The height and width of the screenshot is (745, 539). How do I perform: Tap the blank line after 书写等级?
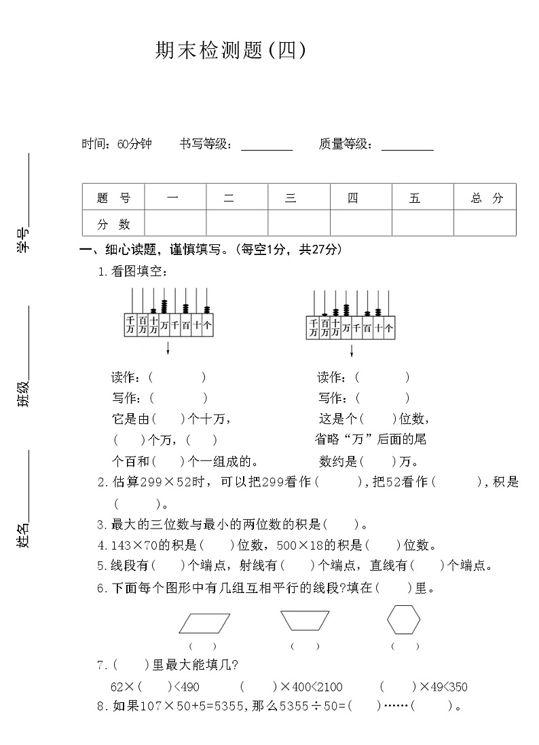point(267,147)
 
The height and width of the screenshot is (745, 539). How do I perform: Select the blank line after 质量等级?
point(407,147)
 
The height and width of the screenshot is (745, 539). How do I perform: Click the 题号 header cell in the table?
point(113,197)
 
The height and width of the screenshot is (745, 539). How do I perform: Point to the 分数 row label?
point(113,223)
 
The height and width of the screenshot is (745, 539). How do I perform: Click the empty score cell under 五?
point(422,223)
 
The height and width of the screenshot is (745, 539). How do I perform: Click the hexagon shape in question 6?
point(403,619)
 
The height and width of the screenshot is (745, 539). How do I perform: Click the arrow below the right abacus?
point(351,350)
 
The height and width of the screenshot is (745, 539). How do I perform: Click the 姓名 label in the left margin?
point(24,535)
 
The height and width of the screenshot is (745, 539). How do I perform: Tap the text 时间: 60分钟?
point(117,144)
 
